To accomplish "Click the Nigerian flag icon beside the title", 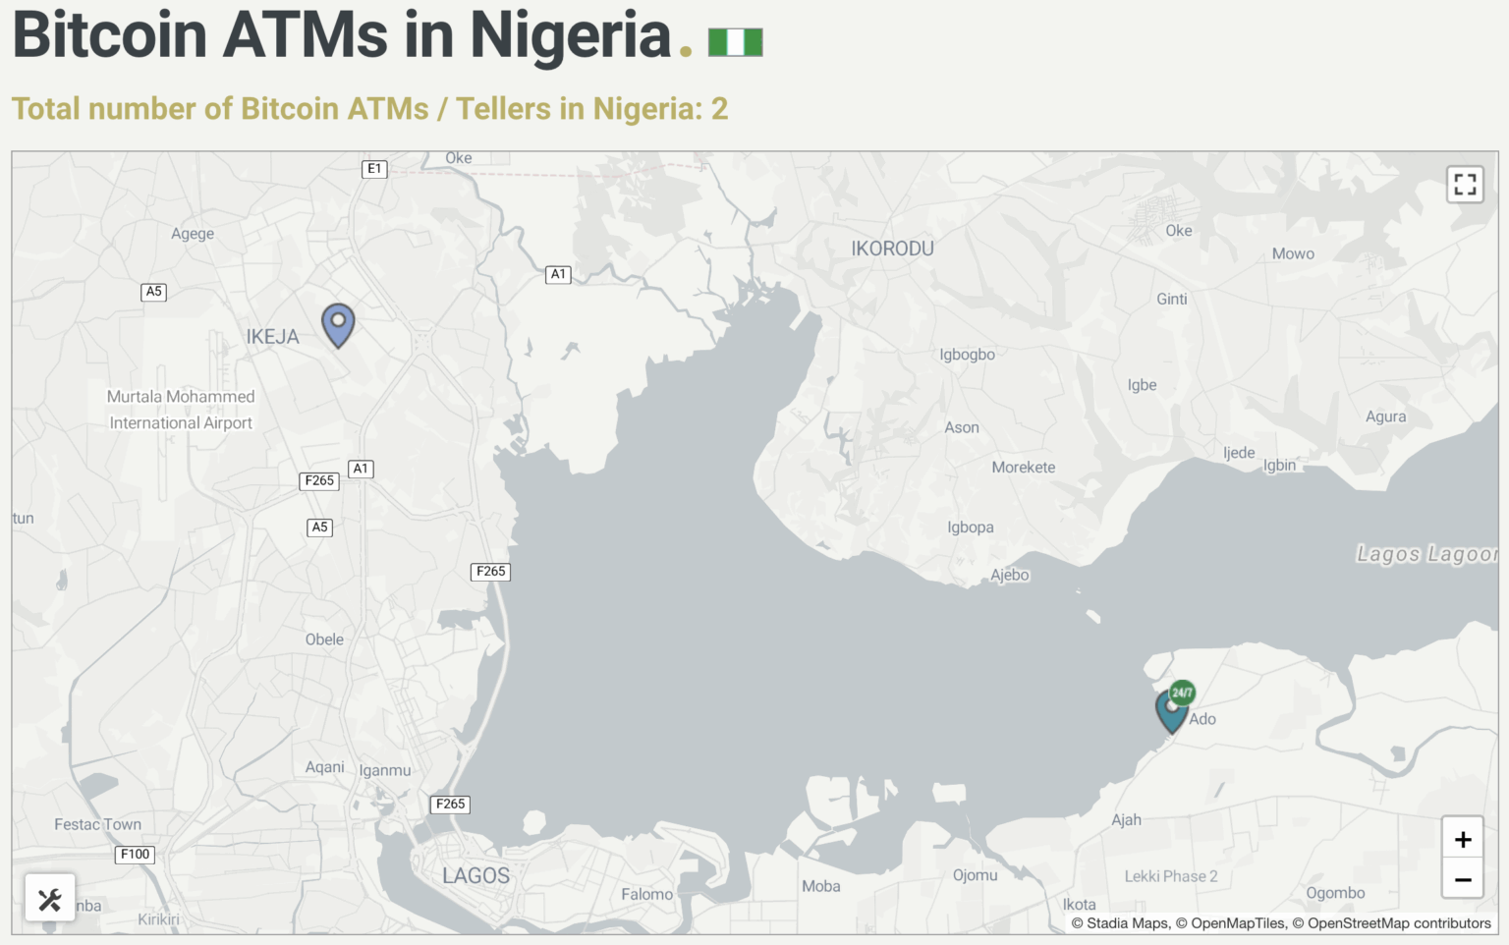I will pyautogui.click(x=735, y=42).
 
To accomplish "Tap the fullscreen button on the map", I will pyautogui.click(x=1464, y=185).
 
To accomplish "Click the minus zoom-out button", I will pyautogui.click(x=1462, y=879).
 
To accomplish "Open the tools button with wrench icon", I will pyautogui.click(x=50, y=898).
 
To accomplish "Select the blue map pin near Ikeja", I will pyautogui.click(x=338, y=323).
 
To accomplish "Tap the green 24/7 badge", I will pyautogui.click(x=1183, y=693).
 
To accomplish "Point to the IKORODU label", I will pyautogui.click(x=892, y=249).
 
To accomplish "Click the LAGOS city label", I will pyautogui.click(x=475, y=875).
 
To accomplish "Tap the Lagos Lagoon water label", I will pyautogui.click(x=1425, y=554).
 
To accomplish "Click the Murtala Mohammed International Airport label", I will pyautogui.click(x=181, y=410).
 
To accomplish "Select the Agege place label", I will pyautogui.click(x=193, y=234).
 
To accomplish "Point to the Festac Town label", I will pyautogui.click(x=97, y=824).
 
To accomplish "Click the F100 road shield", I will pyautogui.click(x=135, y=855).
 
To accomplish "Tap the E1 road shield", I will pyautogui.click(x=374, y=169).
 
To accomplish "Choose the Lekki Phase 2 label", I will pyautogui.click(x=1170, y=876).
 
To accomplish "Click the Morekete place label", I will pyautogui.click(x=1023, y=468).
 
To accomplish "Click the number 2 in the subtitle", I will pyautogui.click(x=719, y=108).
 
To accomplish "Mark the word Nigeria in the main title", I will pyautogui.click(x=570, y=35).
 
